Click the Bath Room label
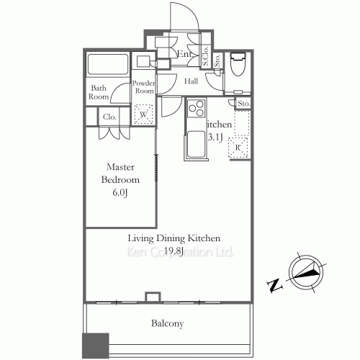tap(99, 92)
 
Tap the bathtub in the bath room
tap(107, 67)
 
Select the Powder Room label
tap(143, 87)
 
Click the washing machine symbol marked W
tap(143, 114)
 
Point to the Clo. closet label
tap(109, 117)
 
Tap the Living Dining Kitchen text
tap(174, 238)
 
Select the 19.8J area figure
tap(174, 251)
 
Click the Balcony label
tap(167, 324)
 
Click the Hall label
tap(191, 81)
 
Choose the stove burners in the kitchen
tap(195, 109)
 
